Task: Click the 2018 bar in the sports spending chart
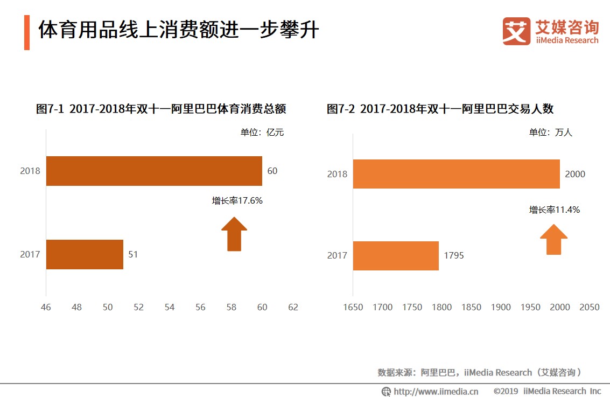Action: click(x=154, y=171)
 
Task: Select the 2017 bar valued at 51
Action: click(x=85, y=254)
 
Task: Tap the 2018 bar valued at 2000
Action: click(x=456, y=174)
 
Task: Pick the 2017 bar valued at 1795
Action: click(x=396, y=255)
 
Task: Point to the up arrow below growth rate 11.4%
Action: click(x=553, y=239)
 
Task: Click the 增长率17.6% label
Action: click(x=237, y=200)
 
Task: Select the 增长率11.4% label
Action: click(x=555, y=210)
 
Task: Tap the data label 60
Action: click(x=272, y=171)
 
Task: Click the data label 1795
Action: click(x=454, y=255)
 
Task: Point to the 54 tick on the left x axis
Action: click(x=170, y=307)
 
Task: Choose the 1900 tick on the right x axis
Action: click(x=501, y=307)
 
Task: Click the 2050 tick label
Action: click(x=589, y=307)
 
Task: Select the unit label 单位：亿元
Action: click(x=262, y=133)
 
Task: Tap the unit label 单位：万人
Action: click(x=551, y=133)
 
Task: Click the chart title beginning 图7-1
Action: click(x=161, y=109)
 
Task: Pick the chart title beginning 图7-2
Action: click(x=440, y=109)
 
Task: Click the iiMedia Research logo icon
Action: click(x=516, y=31)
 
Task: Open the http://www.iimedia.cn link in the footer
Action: click(x=436, y=391)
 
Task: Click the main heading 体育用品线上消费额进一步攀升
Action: click(x=178, y=31)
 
